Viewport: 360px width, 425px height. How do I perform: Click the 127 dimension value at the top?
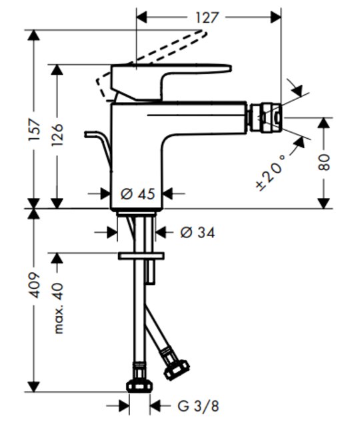[x=207, y=18]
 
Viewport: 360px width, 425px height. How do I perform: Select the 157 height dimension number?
[x=35, y=130]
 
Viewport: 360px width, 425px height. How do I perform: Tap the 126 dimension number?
[x=57, y=135]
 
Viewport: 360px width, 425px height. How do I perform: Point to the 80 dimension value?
[x=324, y=162]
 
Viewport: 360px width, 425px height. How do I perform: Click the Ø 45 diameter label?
[x=138, y=193]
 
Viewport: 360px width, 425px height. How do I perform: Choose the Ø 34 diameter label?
[x=198, y=233]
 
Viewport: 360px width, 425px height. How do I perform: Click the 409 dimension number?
[x=35, y=286]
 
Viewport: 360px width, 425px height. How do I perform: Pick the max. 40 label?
[x=58, y=308]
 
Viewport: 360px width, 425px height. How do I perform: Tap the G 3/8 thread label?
[x=198, y=406]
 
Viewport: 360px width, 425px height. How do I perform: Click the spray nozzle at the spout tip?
[x=266, y=117]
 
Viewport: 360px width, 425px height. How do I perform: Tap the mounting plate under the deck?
[x=141, y=256]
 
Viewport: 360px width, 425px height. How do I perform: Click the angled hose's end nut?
[x=177, y=369]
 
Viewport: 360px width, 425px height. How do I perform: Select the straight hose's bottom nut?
[x=139, y=386]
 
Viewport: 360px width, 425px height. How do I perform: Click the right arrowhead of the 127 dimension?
[x=275, y=17]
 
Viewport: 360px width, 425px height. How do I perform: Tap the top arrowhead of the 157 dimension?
[x=34, y=35]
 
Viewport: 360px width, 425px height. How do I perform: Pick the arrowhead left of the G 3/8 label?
[x=124, y=406]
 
